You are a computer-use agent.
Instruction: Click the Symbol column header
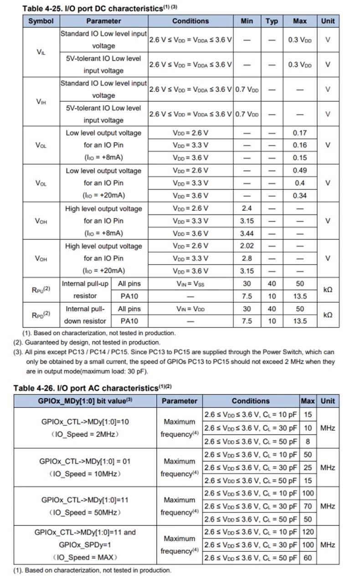[x=41, y=21]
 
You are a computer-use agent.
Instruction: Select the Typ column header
[x=272, y=21]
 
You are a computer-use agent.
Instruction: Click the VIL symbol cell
[x=41, y=52]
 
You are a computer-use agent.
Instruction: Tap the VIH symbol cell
[x=41, y=102]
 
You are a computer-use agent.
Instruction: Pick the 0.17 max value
[x=299, y=133]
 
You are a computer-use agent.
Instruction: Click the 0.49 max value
[x=299, y=171]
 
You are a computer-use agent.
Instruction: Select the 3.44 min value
[x=247, y=234]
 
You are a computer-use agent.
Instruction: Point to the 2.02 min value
[x=247, y=246]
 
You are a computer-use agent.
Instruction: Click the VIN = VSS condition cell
[x=190, y=284]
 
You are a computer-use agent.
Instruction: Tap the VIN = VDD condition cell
[x=190, y=309]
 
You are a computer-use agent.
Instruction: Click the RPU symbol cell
[x=41, y=290]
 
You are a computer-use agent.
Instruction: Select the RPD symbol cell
[x=41, y=315]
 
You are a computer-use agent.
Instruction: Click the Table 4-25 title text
[x=96, y=8]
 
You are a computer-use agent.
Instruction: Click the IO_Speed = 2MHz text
[x=85, y=434]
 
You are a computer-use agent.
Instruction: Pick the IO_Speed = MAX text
[x=85, y=557]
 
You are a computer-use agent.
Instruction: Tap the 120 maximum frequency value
[x=308, y=532]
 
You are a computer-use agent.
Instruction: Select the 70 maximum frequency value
[x=308, y=506]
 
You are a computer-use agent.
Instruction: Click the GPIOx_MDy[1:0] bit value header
[x=85, y=401]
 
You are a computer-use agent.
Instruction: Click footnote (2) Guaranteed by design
[x=87, y=342]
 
